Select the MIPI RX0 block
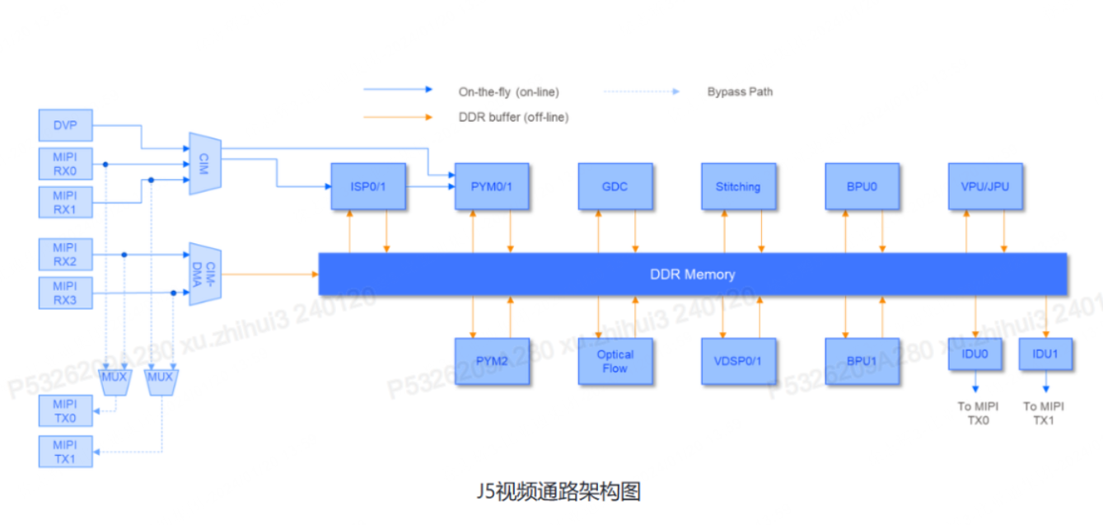65,164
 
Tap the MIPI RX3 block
65,293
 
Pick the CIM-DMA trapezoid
205,274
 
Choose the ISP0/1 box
367,186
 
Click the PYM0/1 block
492,186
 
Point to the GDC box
615,186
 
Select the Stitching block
738,186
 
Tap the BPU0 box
862,186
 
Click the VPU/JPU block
984,186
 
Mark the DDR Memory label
692,274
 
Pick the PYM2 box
492,361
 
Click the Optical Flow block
615,361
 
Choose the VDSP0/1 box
738,361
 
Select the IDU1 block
1045,354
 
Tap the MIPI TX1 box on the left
65,452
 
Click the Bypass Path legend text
740,91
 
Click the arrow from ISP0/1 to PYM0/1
428,186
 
